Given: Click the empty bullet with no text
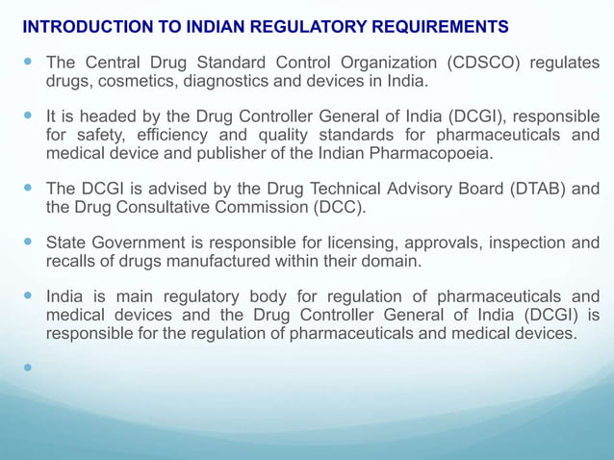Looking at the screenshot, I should (x=29, y=368).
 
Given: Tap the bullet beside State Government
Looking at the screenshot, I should (x=29, y=243).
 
